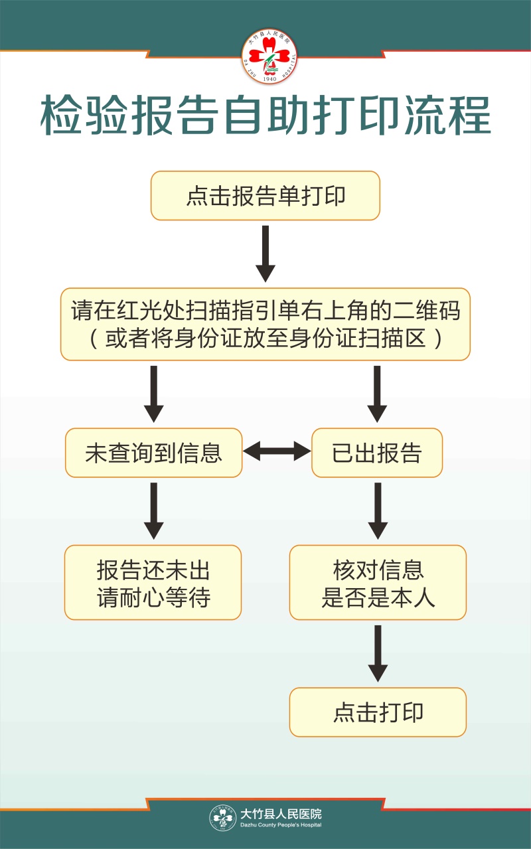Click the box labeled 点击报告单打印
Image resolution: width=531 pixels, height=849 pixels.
265,196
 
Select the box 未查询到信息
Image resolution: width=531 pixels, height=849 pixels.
153,453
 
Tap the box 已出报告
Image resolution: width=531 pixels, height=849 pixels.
377,453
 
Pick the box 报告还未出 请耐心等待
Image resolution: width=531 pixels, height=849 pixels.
153,583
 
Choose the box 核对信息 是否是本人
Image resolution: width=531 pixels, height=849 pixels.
378,583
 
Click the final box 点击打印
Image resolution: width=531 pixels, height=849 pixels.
378,712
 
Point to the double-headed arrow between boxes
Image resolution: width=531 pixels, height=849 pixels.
277,453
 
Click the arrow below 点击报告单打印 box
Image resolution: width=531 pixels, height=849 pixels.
265,254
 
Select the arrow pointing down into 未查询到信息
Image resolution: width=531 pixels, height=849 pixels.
153,394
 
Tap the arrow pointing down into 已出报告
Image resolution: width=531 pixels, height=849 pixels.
377,394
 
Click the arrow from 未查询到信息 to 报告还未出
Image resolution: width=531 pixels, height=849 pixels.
153,510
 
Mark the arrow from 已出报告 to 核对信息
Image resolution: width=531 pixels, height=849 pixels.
378,510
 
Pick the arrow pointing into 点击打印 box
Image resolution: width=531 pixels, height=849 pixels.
378,653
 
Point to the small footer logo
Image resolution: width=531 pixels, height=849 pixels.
223,818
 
